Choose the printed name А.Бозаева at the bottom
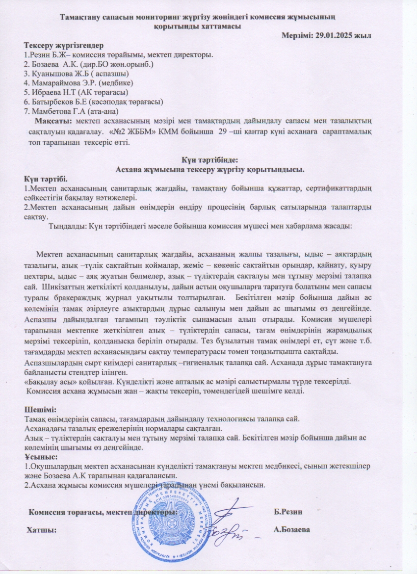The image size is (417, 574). coord(293,530)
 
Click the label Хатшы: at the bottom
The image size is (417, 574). coord(42,530)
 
